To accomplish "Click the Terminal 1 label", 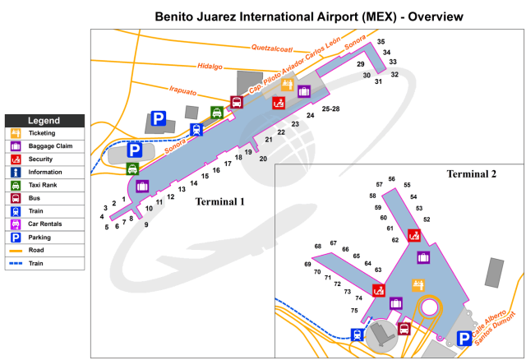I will pos(220,201).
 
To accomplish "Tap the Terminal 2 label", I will pos(471,174).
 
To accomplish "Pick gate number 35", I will pos(381,42).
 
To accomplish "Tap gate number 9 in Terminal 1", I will pos(146,224).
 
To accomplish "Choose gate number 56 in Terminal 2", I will pos(392,179).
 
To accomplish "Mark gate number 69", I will pos(307,264).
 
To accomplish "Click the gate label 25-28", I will pos(331,108).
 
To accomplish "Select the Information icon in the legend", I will pos(16,172).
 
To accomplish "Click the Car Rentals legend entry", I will pos(16,224).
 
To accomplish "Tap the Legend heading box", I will pos(44,120).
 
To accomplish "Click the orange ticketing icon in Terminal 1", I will pos(288,85).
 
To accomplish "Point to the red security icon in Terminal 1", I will pos(279,103).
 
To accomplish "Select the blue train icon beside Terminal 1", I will pos(196,129).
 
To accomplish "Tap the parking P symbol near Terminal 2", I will pos(465,337).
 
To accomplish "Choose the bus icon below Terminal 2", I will pos(404,329).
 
